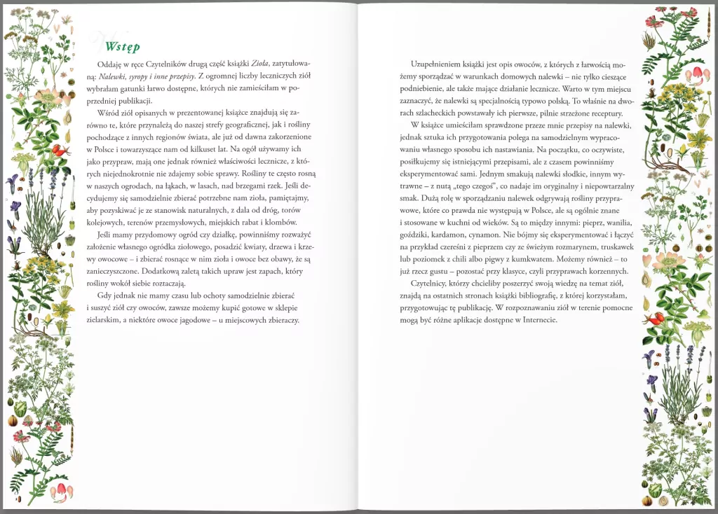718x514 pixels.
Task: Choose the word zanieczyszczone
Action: pyautogui.click(x=111, y=270)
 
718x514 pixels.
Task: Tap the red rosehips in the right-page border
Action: pyautogui.click(x=654, y=319)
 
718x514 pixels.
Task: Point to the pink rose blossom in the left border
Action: pyautogui.click(x=49, y=96)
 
